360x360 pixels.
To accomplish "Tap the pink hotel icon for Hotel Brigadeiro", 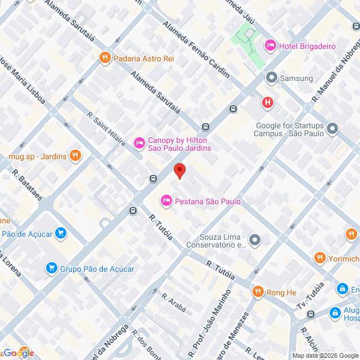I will (270, 45).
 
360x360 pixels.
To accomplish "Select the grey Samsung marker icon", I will (271, 78).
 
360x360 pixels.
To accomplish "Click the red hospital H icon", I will (268, 102).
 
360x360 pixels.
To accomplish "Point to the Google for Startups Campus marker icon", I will (332, 129).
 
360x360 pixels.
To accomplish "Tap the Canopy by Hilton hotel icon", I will (138, 144).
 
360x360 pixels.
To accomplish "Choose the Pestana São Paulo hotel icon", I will (166, 200).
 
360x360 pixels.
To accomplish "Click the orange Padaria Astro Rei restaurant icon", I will (104, 57).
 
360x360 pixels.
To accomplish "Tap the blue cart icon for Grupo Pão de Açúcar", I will (52, 268).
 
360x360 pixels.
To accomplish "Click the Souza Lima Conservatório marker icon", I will (255, 240).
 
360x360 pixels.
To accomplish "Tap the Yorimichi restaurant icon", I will (320, 258).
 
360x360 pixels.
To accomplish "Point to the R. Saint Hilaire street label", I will (106, 129).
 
